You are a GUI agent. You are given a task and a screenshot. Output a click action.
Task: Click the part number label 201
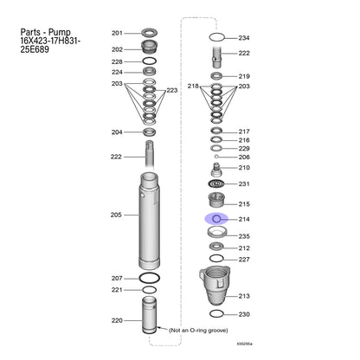(x=117, y=33)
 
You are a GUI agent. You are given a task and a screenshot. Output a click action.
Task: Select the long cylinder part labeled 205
(x=150, y=221)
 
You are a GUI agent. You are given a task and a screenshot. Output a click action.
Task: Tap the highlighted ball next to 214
(x=216, y=219)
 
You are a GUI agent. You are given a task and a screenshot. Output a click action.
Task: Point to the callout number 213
(x=244, y=296)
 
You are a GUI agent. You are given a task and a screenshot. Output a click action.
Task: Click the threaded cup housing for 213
(x=215, y=286)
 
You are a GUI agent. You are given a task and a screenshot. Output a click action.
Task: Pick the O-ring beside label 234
(x=217, y=37)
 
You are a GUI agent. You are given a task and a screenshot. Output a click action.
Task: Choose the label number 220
(x=117, y=320)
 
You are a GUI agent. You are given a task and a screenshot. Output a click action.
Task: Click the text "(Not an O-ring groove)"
(x=198, y=330)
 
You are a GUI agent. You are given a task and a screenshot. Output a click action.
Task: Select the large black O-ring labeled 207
(x=150, y=278)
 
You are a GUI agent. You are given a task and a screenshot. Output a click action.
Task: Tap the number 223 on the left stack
(x=172, y=90)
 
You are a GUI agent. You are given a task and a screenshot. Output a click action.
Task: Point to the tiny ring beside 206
(x=216, y=157)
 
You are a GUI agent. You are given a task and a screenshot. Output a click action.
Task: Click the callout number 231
(x=244, y=183)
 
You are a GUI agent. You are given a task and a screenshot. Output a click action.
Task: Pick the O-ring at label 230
(x=216, y=313)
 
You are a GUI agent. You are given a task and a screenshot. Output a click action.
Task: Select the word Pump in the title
(x=59, y=33)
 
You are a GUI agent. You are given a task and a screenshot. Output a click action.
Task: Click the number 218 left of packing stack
(x=193, y=86)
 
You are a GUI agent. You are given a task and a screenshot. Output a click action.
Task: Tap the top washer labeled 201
(x=150, y=32)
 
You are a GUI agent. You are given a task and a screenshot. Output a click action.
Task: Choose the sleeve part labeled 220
(x=150, y=315)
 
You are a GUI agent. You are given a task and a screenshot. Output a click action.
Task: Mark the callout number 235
(x=244, y=236)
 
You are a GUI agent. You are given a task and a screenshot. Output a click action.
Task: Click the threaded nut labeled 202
(x=150, y=47)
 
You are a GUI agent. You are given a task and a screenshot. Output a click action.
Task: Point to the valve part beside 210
(x=216, y=170)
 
